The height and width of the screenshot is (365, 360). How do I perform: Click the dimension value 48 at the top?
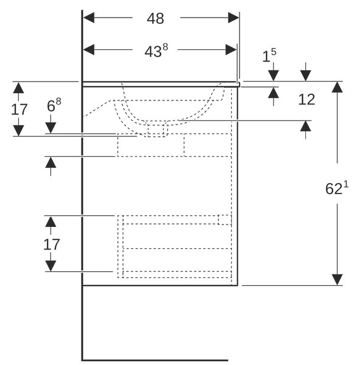(x=156, y=18)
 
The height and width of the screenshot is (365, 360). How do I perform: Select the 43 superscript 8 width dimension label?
(x=156, y=50)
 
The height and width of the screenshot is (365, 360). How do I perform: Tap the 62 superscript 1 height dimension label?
(x=337, y=187)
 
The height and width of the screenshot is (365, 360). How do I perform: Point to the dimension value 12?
(x=306, y=99)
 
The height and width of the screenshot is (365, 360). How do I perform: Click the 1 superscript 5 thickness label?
(x=269, y=55)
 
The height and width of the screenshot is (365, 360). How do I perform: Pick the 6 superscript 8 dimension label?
(x=54, y=105)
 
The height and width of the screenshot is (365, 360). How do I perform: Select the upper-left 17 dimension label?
(x=19, y=109)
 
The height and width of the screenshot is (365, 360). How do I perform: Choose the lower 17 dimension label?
(x=52, y=245)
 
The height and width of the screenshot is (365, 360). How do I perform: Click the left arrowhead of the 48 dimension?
(x=89, y=18)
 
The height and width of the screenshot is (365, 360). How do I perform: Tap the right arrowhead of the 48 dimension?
(x=234, y=18)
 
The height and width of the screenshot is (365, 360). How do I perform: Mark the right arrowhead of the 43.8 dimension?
(x=231, y=50)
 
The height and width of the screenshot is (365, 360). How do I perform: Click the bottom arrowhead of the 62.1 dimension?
(x=337, y=280)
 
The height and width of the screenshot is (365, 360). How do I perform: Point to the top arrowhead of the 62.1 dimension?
(x=337, y=87)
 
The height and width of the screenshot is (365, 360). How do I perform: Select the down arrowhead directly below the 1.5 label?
(x=274, y=75)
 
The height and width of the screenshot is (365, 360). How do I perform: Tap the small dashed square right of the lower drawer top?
(x=225, y=220)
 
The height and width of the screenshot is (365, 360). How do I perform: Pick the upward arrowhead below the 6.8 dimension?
(x=50, y=162)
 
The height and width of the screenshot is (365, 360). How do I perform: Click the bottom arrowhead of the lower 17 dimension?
(x=50, y=266)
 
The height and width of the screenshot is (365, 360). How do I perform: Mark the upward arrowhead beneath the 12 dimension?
(x=305, y=127)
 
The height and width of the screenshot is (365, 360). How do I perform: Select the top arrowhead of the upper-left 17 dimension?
(x=18, y=88)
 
